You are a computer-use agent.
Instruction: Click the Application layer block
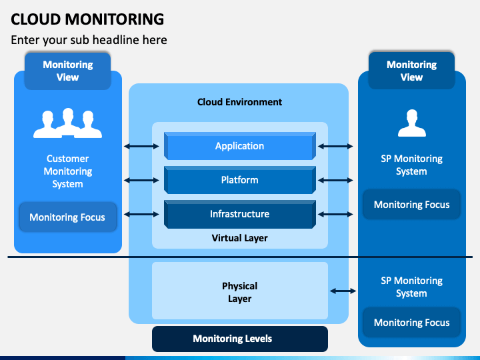pos(240,146)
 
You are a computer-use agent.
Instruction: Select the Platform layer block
pos(240,180)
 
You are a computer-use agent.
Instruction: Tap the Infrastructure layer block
pos(240,214)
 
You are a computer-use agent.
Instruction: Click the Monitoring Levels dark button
pos(240,339)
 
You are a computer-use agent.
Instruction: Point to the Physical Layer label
pos(240,292)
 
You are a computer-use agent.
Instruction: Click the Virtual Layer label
pos(240,238)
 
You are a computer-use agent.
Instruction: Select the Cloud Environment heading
pos(240,102)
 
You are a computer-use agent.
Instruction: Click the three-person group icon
pos(67,123)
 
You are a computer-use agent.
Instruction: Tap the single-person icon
pos(412,123)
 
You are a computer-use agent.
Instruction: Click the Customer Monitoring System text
pos(67,171)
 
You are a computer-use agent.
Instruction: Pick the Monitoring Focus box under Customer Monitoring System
pos(67,217)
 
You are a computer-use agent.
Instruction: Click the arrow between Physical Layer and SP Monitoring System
pos(343,291)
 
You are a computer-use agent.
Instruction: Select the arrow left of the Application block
pos(141,146)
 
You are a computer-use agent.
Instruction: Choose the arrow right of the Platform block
pos(335,180)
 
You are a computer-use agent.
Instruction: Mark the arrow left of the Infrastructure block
pos(141,214)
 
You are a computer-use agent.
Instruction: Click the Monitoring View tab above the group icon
pos(67,71)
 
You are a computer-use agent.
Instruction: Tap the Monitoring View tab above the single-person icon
pos(412,71)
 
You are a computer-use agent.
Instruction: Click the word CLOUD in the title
pos(36,19)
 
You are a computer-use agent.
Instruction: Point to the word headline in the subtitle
pos(129,40)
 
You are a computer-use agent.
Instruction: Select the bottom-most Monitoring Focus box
pos(412,323)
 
